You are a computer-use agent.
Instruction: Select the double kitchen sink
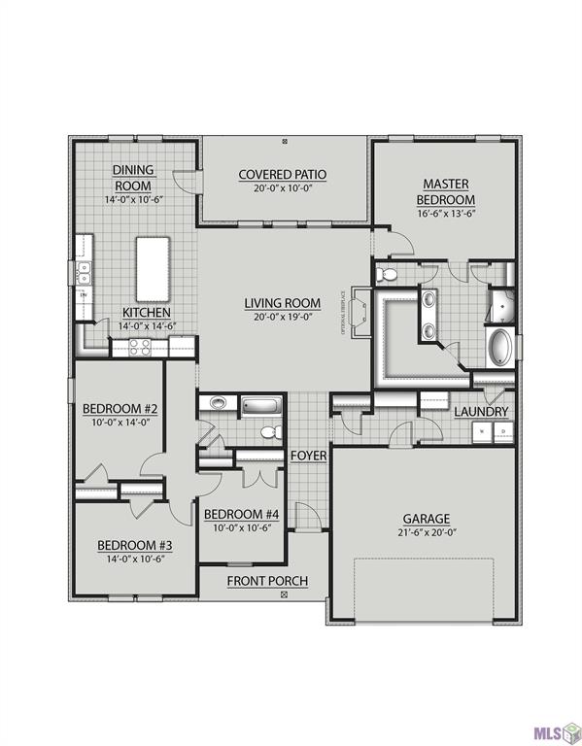coord(85,268)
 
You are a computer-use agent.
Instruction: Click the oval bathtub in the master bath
coord(499,348)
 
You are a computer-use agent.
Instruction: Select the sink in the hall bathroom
coord(216,403)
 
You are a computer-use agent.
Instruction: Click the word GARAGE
coord(427,519)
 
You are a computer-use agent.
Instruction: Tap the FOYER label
coord(308,455)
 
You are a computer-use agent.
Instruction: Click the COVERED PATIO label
coord(282,175)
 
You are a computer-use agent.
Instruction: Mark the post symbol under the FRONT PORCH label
coord(284,593)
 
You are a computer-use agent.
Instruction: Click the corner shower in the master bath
coord(502,303)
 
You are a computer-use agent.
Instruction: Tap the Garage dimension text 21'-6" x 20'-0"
coord(427,533)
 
